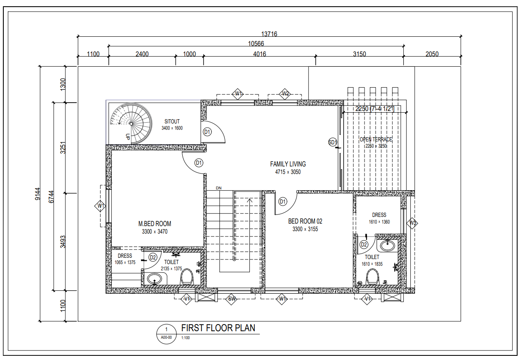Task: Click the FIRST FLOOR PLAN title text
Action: [218, 328]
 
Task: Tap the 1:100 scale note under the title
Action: [186, 338]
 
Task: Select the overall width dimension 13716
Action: [269, 34]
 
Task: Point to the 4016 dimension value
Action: [259, 54]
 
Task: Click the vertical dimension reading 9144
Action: [38, 194]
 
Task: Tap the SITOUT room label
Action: [172, 122]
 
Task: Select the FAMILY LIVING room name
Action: [288, 164]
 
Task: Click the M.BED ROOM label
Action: [155, 224]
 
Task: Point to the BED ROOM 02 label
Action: [305, 222]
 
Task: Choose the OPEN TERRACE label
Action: [376, 139]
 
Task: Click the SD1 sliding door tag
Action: [332, 142]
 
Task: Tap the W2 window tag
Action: [285, 93]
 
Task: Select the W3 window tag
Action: [412, 223]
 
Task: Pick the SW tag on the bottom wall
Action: [232, 299]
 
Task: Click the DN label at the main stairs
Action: [218, 188]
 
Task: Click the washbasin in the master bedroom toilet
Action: [155, 278]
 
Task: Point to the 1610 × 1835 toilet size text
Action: [372, 264]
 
